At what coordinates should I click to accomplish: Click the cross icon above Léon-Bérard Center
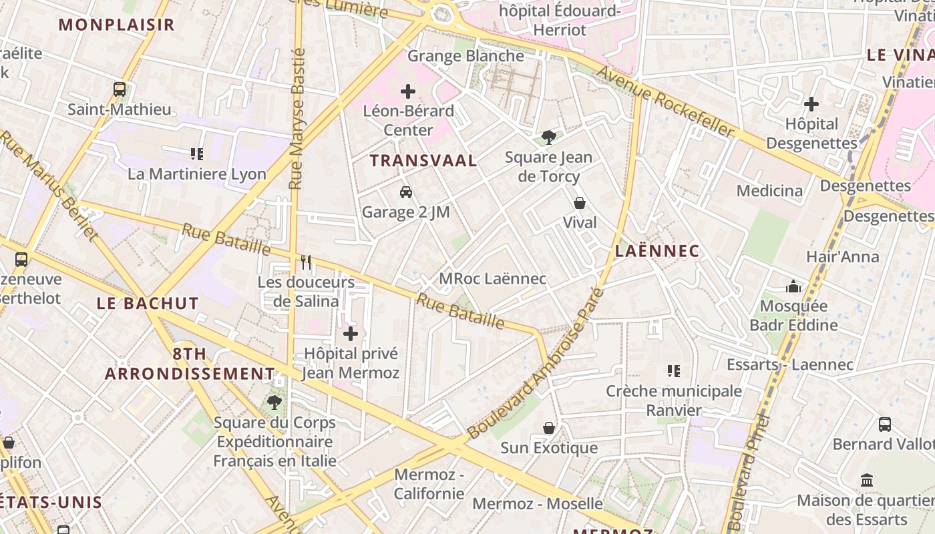[408, 91]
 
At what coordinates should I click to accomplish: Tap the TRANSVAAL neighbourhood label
[423, 160]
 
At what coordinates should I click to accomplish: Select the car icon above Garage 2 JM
[405, 192]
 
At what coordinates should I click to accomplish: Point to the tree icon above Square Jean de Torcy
[548, 138]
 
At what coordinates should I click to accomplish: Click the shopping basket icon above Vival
[580, 202]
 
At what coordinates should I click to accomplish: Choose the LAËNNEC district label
[657, 251]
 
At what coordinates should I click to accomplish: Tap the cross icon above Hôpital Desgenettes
[811, 104]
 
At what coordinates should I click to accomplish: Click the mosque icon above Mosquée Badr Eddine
[793, 286]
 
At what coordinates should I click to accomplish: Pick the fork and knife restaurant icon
[307, 262]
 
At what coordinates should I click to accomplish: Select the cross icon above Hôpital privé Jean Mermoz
[350, 334]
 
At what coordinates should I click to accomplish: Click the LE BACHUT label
[148, 303]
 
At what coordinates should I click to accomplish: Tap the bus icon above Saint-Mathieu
[120, 89]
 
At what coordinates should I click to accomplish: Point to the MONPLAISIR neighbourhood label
[116, 25]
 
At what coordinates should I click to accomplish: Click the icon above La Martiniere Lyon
[196, 154]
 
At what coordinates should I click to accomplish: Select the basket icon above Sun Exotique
[549, 427]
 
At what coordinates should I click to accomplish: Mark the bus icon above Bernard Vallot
[884, 424]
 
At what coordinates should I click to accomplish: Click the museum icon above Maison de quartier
[867, 480]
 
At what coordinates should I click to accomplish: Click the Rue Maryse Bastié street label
[297, 119]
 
